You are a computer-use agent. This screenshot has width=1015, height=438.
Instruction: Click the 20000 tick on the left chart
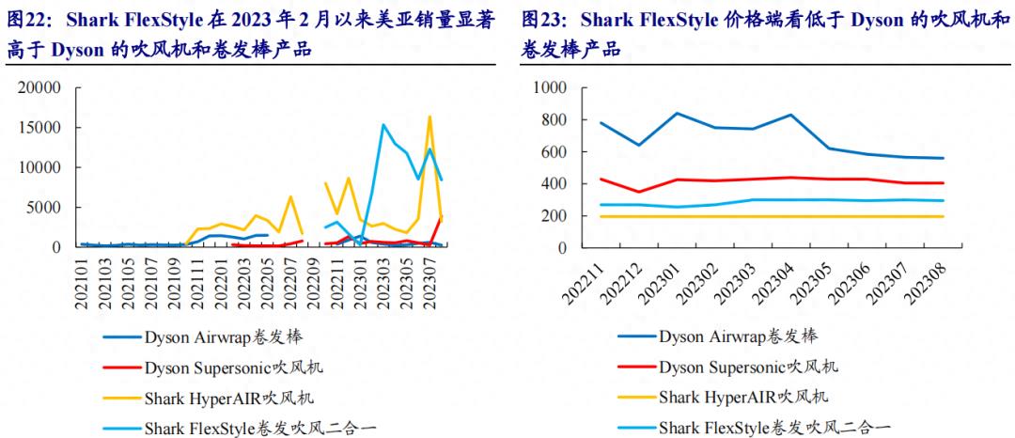tap(39, 87)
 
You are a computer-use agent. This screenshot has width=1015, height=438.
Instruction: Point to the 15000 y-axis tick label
tap(39, 128)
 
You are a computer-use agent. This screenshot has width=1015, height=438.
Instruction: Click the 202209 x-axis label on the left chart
tap(312, 279)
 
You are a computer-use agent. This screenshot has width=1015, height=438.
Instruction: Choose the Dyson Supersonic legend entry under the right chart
tap(748, 367)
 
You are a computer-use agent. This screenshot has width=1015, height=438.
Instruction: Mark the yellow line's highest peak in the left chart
tap(429, 117)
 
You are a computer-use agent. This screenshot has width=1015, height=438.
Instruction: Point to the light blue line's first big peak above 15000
tap(383, 124)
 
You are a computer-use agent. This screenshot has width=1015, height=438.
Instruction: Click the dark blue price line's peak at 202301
tap(677, 113)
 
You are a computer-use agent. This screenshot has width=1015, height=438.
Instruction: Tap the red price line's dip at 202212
tap(638, 192)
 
